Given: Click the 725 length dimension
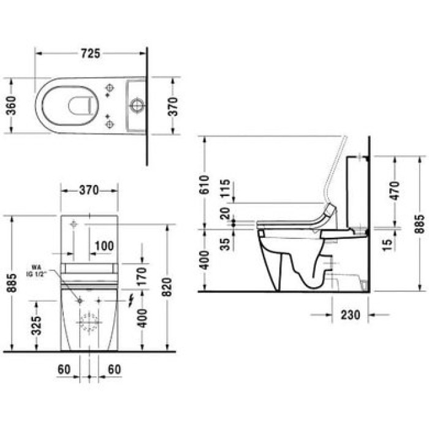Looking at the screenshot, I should coord(90,53).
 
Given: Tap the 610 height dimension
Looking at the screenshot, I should coord(205,185).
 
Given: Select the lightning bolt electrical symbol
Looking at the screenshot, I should coord(129,300).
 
